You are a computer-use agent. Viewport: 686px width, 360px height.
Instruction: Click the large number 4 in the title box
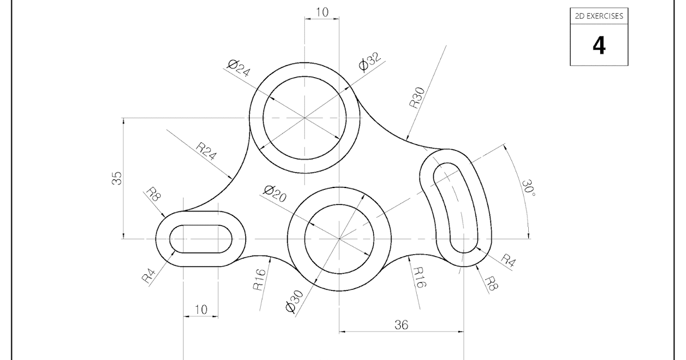(x=599, y=45)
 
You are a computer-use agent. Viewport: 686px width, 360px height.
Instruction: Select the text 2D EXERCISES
(x=599, y=16)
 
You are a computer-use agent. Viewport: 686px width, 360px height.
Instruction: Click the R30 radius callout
(x=416, y=98)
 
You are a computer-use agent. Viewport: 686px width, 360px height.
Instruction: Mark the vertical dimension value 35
(x=117, y=179)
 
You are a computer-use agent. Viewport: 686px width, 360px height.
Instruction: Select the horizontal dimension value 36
(x=401, y=325)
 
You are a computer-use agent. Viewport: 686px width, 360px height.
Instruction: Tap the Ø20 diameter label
(x=275, y=194)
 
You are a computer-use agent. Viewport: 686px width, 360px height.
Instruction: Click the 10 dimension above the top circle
(x=322, y=12)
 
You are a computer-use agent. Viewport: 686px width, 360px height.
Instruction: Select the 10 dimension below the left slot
(x=201, y=309)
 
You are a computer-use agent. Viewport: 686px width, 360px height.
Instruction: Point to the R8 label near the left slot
(x=153, y=194)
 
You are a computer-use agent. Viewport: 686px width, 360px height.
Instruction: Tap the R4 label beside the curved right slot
(x=508, y=260)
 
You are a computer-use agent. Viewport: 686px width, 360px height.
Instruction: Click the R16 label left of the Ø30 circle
(x=260, y=279)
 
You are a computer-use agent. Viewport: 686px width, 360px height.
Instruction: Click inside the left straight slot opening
(x=201, y=238)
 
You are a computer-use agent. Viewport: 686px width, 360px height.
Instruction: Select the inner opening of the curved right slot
(x=454, y=206)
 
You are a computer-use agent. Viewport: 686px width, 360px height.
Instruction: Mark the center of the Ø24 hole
(x=305, y=118)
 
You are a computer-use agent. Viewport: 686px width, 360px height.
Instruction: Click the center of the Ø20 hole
(x=340, y=238)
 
